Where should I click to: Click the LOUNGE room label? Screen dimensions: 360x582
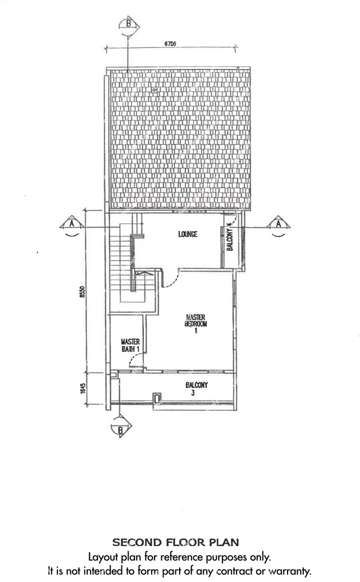click(x=188, y=234)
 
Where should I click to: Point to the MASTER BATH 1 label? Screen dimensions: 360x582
click(x=130, y=345)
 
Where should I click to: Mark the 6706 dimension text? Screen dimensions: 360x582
click(x=170, y=44)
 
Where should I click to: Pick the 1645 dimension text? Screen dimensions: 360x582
click(x=83, y=389)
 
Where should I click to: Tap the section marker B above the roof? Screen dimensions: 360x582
click(x=129, y=26)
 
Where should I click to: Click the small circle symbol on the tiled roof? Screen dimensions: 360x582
click(x=153, y=89)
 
